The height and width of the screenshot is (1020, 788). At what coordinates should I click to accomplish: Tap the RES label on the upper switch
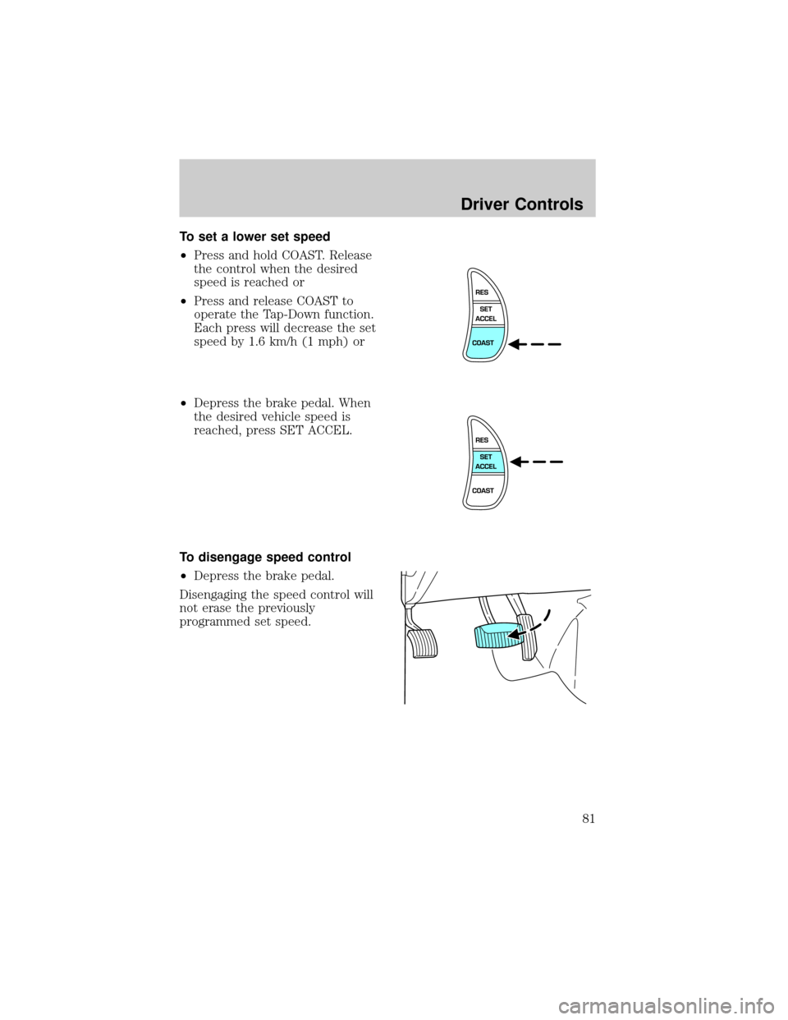tap(483, 292)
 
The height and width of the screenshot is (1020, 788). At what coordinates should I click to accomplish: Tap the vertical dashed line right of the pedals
tap(574, 657)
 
